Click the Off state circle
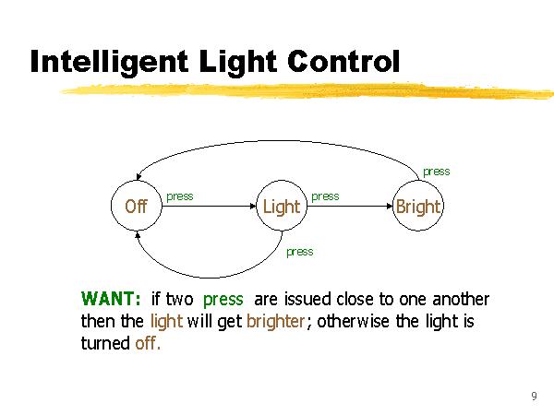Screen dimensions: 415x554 point(136,206)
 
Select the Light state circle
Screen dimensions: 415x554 point(281,206)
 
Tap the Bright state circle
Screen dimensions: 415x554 point(417,206)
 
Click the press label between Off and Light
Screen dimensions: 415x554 point(180,196)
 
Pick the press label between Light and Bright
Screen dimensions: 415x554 point(325,196)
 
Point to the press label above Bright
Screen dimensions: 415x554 point(436,172)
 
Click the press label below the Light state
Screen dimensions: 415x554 point(299,252)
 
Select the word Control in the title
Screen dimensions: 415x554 point(343,62)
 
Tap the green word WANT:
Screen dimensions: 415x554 point(111,300)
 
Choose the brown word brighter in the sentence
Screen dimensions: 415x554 point(274,322)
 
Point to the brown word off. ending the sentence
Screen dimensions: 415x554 point(146,344)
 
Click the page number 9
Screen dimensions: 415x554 point(534,397)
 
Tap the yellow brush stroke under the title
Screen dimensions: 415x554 point(305,90)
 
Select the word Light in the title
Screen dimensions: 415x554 point(238,62)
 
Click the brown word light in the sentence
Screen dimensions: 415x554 point(165,322)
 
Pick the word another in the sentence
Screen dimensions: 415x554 point(459,300)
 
